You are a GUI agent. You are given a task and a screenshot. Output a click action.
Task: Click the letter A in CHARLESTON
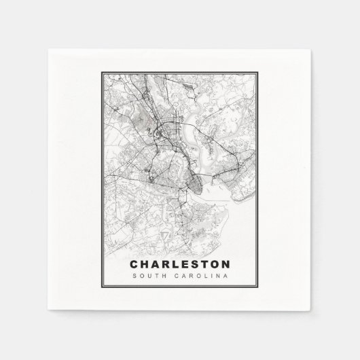(156, 262)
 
